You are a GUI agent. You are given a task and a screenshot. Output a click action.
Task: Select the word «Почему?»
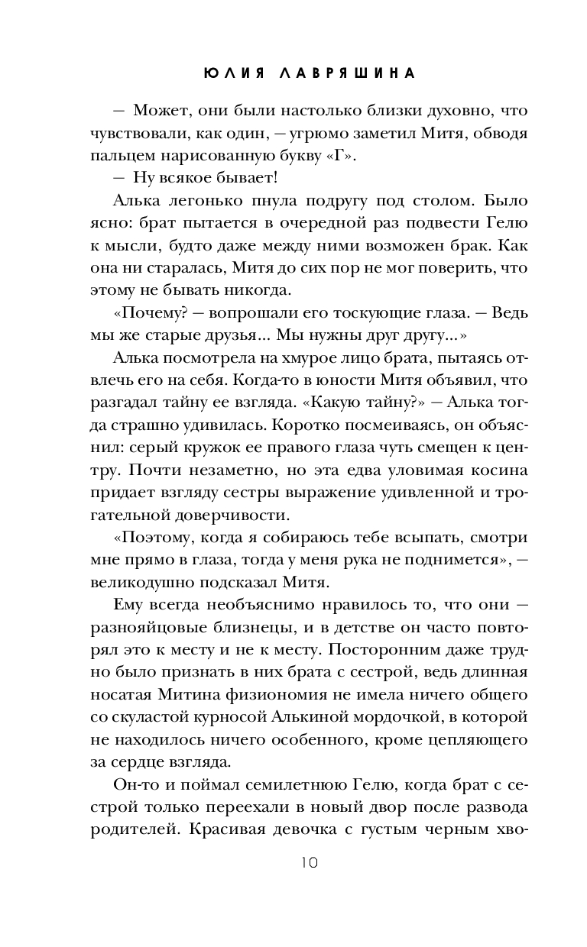[151, 314]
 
